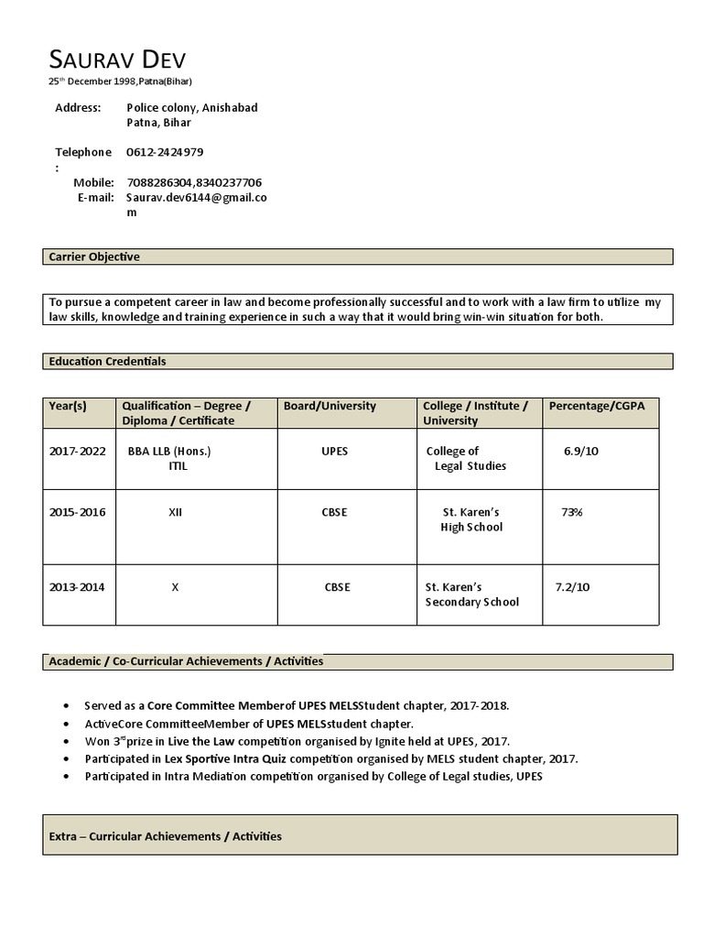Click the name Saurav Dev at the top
pyautogui.click(x=116, y=60)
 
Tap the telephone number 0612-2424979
pyautogui.click(x=165, y=152)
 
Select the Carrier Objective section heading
pyautogui.click(x=94, y=257)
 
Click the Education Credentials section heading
pyautogui.click(x=107, y=362)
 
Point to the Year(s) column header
pyautogui.click(x=68, y=406)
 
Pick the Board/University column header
pyautogui.click(x=330, y=406)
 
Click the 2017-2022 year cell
pyautogui.click(x=78, y=452)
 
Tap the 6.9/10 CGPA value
pyautogui.click(x=581, y=452)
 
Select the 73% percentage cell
pyautogui.click(x=572, y=512)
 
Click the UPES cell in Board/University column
pyautogui.click(x=334, y=452)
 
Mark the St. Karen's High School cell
pyautogui.click(x=471, y=519)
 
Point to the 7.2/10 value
pyautogui.click(x=572, y=586)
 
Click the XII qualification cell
pyautogui.click(x=175, y=512)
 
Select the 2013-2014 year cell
pyautogui.click(x=78, y=587)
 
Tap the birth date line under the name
pyautogui.click(x=120, y=82)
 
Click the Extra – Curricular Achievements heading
pyautogui.click(x=165, y=836)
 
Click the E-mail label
pyautogui.click(x=95, y=197)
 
